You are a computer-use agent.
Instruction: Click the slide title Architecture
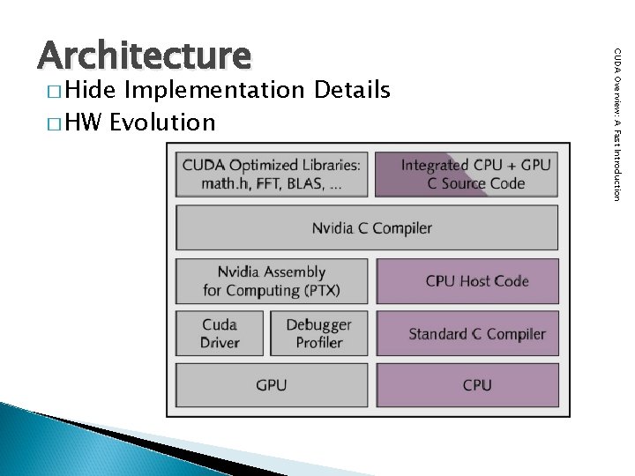click(x=144, y=55)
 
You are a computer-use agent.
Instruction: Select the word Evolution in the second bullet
click(x=162, y=122)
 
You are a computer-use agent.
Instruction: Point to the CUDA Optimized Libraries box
click(x=271, y=174)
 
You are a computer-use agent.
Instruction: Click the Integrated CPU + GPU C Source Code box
click(x=466, y=174)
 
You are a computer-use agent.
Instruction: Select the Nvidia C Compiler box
click(x=367, y=228)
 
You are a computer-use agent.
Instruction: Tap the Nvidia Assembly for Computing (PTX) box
click(x=271, y=280)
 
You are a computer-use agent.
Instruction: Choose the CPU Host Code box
click(x=467, y=280)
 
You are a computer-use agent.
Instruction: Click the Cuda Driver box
click(x=220, y=333)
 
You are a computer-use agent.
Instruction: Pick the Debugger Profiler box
click(x=318, y=333)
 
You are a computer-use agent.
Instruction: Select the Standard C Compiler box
click(x=467, y=333)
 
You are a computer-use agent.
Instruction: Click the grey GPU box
click(x=271, y=385)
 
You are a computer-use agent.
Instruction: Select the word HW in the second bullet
click(x=86, y=122)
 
